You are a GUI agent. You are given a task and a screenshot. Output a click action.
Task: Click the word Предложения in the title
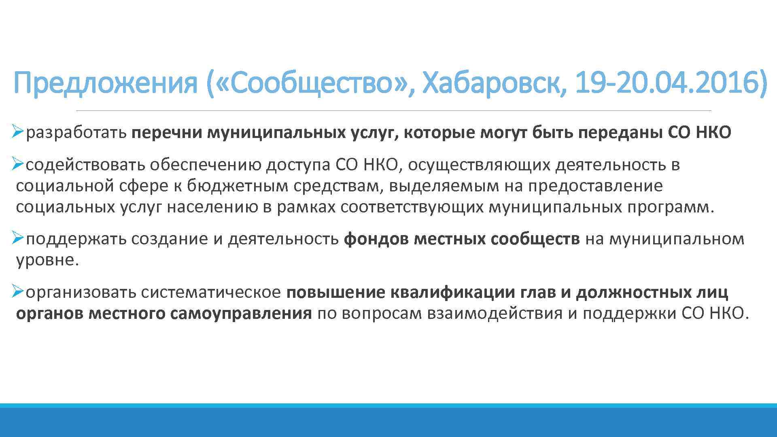105,83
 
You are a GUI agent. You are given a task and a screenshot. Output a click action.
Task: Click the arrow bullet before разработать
18,132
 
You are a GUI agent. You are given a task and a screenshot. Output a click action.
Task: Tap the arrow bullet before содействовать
18,164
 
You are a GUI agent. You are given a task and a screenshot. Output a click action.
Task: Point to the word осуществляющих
479,165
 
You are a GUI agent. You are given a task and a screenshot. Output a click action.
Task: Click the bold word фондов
376,239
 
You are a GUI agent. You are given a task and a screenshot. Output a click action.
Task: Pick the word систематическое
211,292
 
